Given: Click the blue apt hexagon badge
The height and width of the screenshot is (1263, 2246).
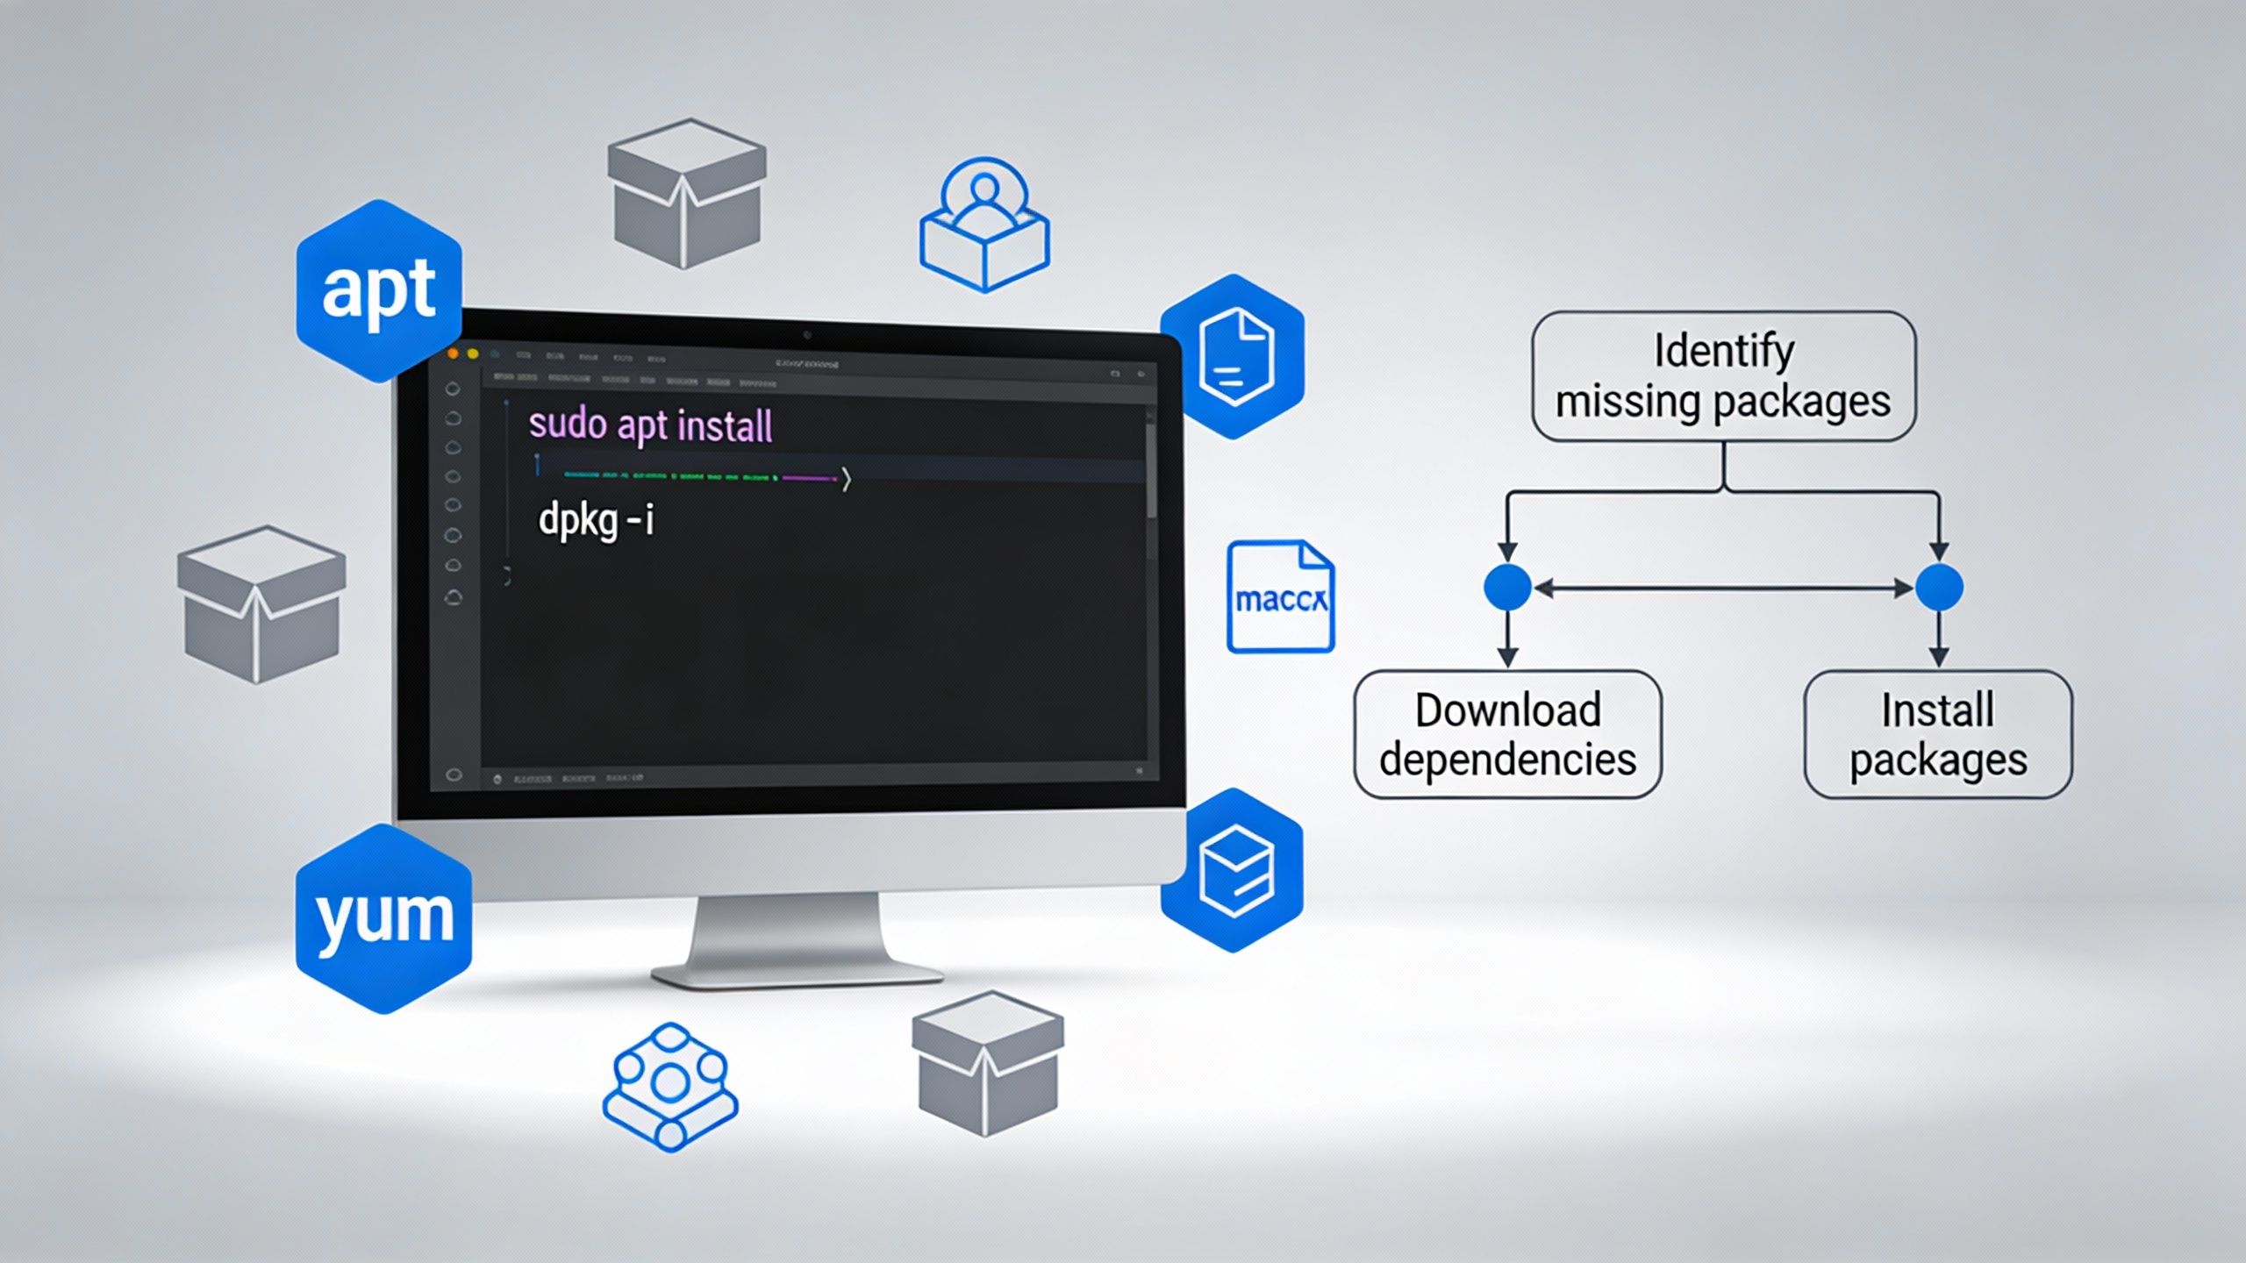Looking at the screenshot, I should click(379, 290).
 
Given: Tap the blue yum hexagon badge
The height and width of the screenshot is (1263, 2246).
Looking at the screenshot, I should click(383, 918).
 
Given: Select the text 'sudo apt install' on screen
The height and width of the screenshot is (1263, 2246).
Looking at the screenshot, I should click(650, 426).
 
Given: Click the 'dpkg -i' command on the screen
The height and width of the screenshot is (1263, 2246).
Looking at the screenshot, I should click(596, 521).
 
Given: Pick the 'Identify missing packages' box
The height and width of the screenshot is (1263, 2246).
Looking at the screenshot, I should click(1723, 376).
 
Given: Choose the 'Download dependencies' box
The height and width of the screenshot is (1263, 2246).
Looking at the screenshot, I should click(1507, 734).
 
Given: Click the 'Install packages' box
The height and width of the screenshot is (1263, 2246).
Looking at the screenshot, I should click(1938, 734).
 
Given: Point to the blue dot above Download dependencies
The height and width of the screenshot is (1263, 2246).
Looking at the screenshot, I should click(1507, 587).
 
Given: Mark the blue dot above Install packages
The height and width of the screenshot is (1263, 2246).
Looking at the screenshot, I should click(1939, 587).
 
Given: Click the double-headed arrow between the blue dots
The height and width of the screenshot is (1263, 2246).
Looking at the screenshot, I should click(1723, 589).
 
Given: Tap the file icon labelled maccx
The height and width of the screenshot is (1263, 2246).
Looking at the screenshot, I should click(1280, 597).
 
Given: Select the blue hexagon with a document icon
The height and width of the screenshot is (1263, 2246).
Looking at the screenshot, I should click(1234, 356).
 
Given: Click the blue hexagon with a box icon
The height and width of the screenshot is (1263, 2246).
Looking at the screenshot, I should click(1234, 870).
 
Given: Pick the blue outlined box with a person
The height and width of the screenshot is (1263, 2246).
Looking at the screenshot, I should click(984, 225).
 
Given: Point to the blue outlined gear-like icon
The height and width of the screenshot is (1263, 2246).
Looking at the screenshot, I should click(670, 1087).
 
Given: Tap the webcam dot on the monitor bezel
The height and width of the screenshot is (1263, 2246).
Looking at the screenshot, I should click(807, 335).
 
